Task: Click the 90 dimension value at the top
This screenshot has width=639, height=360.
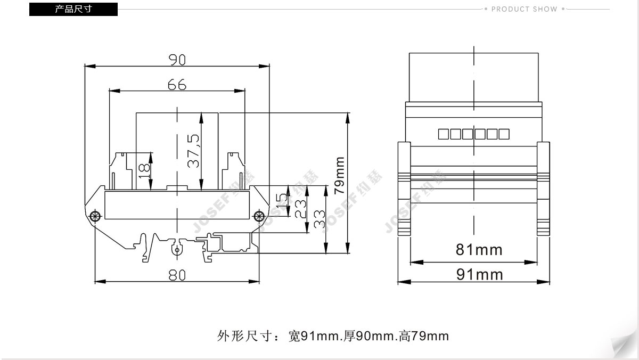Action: [177, 60]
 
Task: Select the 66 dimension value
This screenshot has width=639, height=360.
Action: [177, 85]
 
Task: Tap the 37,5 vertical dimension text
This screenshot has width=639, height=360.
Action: [193, 151]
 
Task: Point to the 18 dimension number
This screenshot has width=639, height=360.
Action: [144, 170]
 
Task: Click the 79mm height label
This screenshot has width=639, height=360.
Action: [339, 175]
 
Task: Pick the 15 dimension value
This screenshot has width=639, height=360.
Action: [282, 201]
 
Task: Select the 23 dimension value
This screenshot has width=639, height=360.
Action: [300, 209]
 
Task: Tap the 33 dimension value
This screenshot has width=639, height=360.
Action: [319, 219]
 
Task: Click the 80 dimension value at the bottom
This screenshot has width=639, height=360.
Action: [177, 275]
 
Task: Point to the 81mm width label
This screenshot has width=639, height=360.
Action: [479, 250]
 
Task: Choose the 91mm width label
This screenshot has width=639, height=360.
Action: [480, 274]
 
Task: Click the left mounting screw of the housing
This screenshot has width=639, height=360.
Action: [95, 216]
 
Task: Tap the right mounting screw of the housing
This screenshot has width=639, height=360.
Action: [259, 216]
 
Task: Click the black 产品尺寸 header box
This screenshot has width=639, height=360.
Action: [73, 9]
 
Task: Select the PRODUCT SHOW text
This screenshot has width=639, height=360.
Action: [525, 9]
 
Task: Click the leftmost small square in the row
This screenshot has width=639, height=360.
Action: [443, 134]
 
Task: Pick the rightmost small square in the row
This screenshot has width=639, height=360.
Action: [504, 134]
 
